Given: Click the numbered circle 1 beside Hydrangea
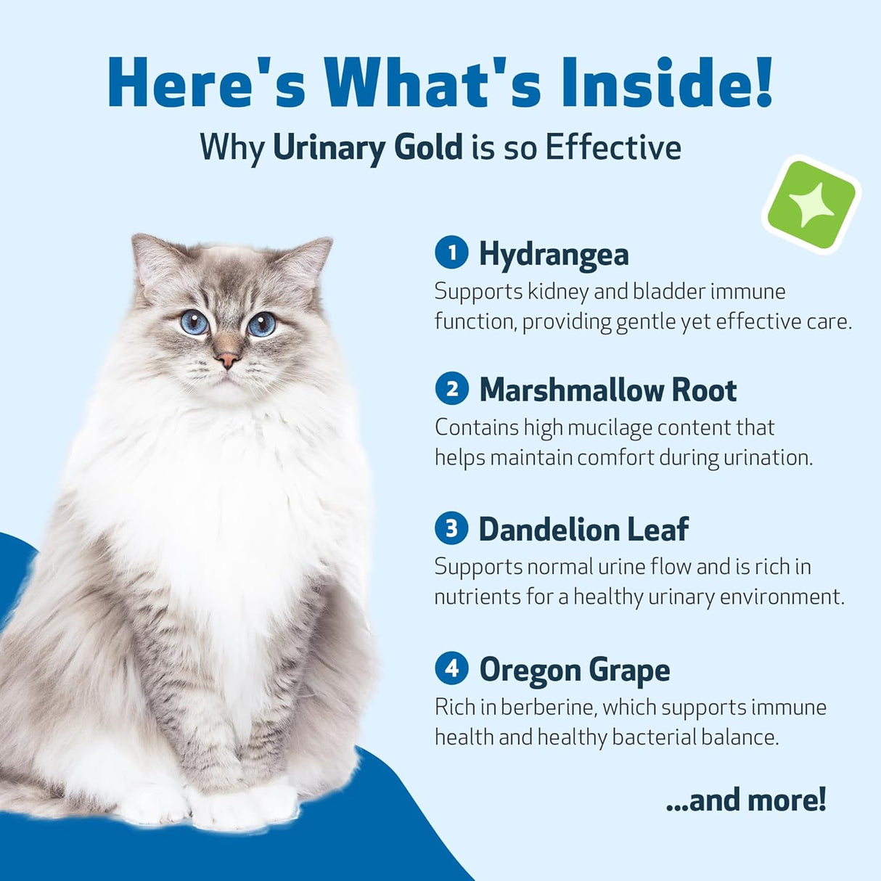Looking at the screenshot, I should pyautogui.click(x=452, y=253).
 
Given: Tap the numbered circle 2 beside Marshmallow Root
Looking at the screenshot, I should pyautogui.click(x=452, y=389).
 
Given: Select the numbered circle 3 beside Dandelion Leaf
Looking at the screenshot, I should pyautogui.click(x=452, y=528).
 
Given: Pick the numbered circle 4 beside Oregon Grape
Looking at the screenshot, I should pyautogui.click(x=452, y=668).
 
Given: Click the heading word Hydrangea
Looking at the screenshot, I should pyautogui.click(x=554, y=255).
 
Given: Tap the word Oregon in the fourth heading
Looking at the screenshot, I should pyautogui.click(x=529, y=669).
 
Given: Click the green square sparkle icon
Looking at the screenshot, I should pyautogui.click(x=811, y=204).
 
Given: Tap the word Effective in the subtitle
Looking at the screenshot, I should pyautogui.click(x=613, y=147).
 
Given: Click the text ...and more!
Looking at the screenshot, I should pyautogui.click(x=746, y=800).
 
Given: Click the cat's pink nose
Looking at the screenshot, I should pyautogui.click(x=227, y=359).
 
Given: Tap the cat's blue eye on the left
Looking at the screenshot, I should pyautogui.click(x=194, y=321).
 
